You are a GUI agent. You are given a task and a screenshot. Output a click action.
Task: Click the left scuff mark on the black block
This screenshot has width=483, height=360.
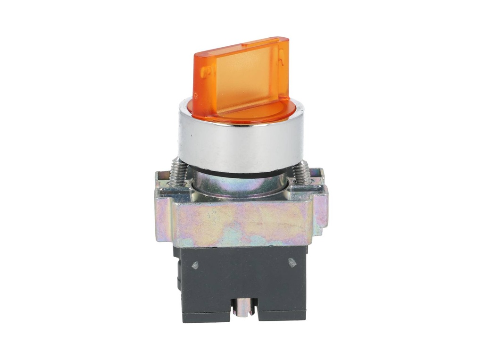[195, 266]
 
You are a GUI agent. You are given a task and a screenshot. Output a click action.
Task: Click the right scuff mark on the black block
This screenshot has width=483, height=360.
[292, 263]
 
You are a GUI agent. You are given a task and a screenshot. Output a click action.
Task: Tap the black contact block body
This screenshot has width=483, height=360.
[241, 278]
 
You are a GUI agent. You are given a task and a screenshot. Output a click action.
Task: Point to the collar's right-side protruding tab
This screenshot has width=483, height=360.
[321, 208]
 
